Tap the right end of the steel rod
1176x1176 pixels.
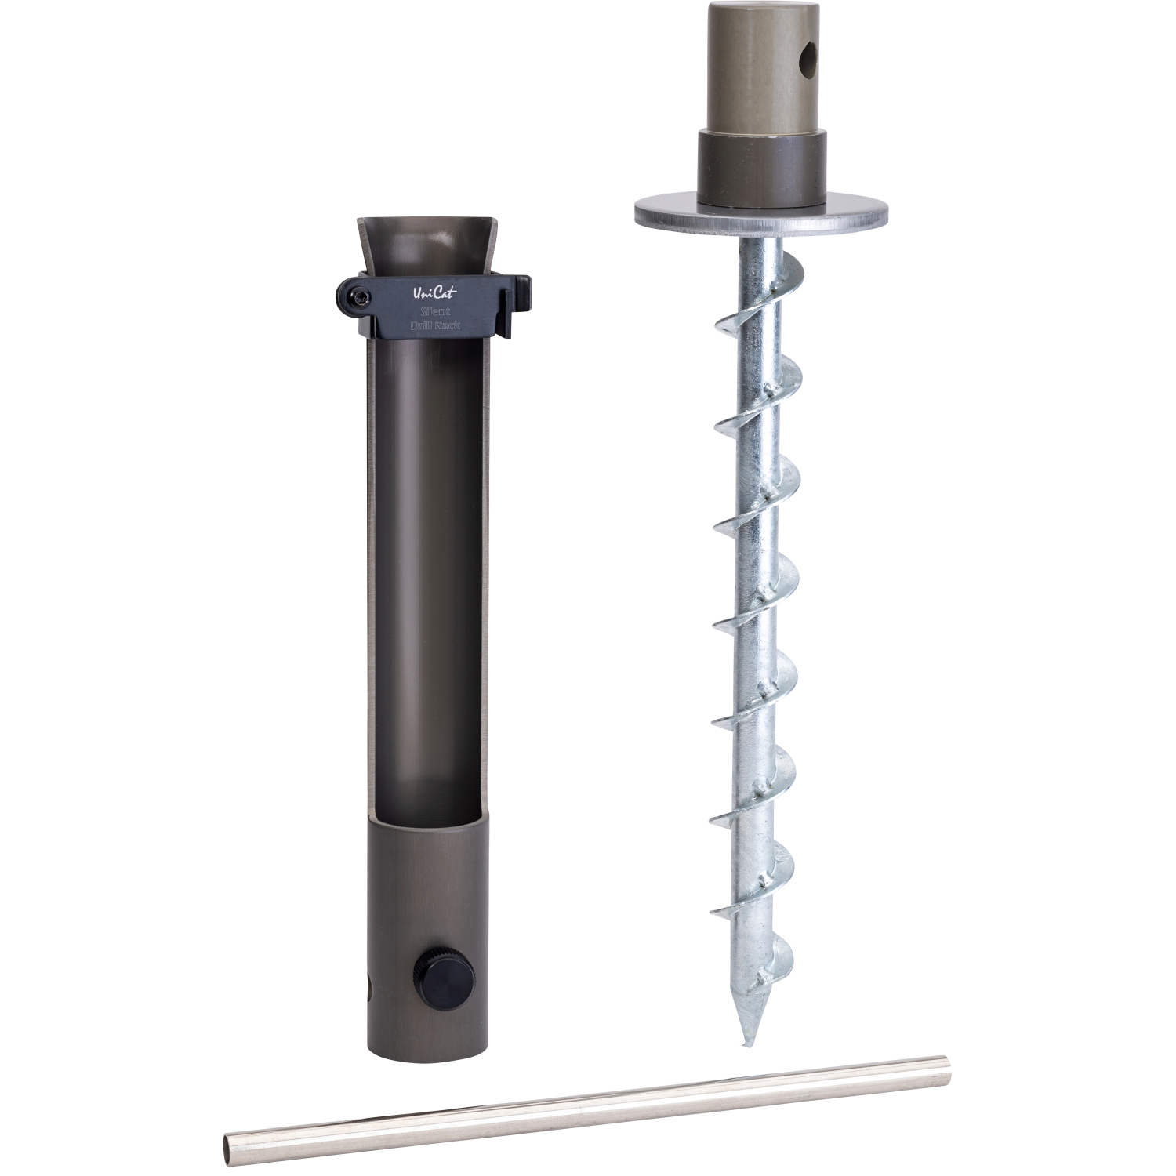946,1064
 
